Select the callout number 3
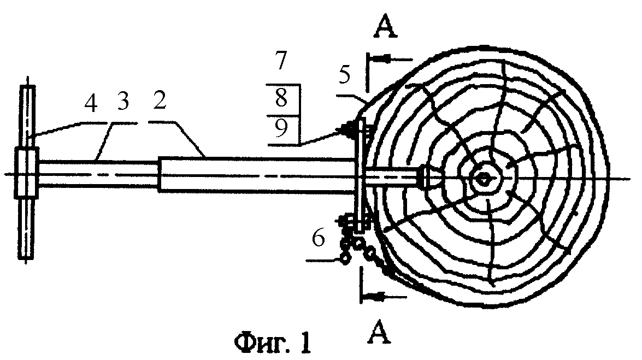122,101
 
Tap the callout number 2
159,100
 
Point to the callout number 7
281,61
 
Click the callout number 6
319,238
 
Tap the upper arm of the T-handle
27,117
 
